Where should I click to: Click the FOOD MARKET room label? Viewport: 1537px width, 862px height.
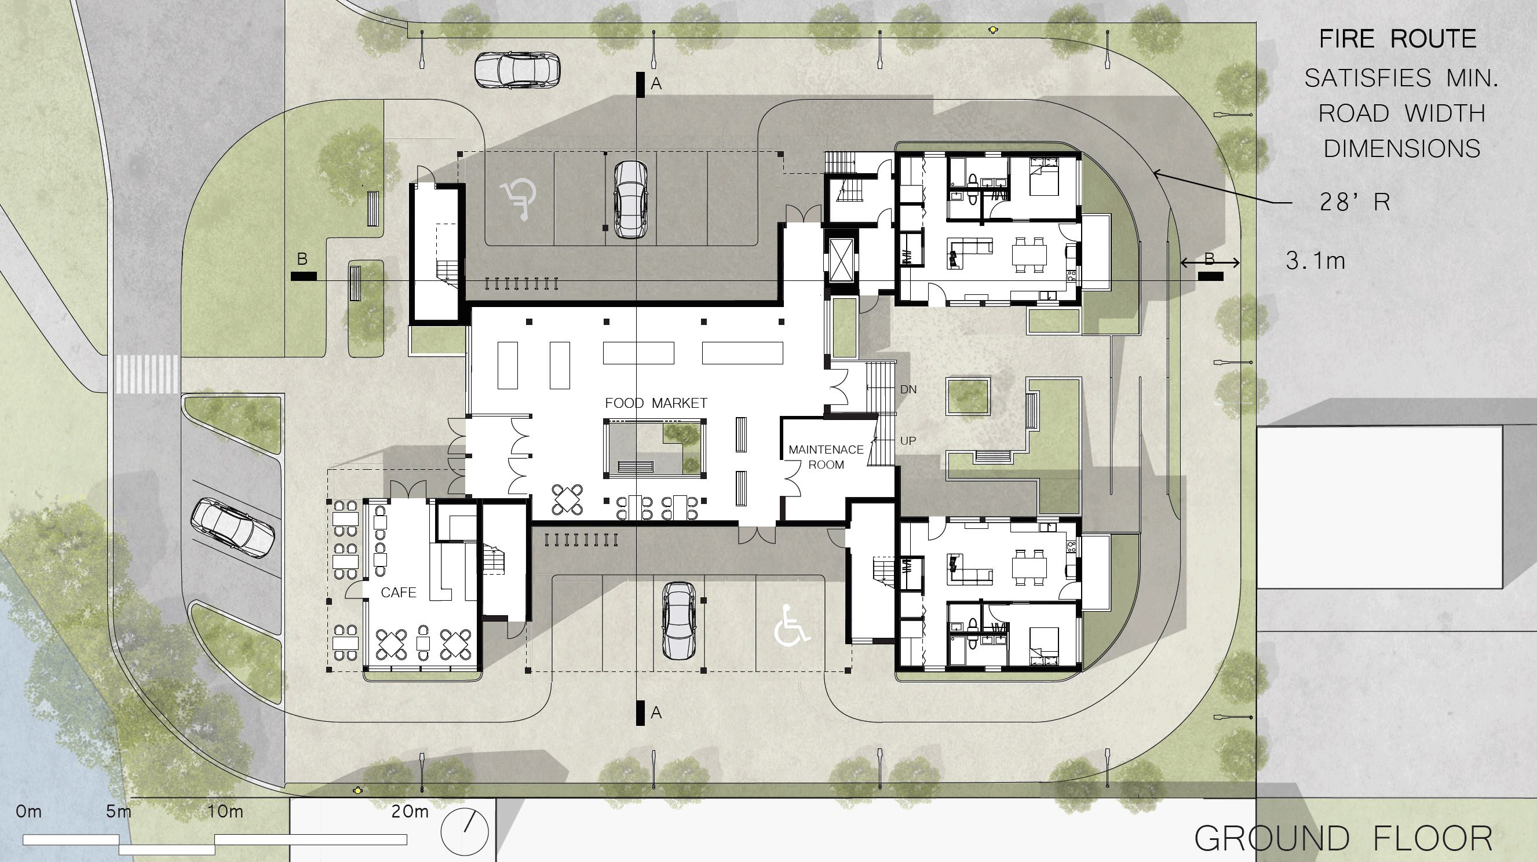[x=656, y=403]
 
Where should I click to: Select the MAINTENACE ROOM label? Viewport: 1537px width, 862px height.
[x=826, y=457]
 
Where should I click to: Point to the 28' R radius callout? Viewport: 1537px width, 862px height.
[x=1354, y=203]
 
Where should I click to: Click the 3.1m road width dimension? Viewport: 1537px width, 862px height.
[x=1316, y=261]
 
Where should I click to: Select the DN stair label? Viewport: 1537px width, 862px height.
[x=908, y=389]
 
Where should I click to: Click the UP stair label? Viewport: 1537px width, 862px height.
[x=908, y=441]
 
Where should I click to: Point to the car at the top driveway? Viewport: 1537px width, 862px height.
[x=517, y=69]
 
